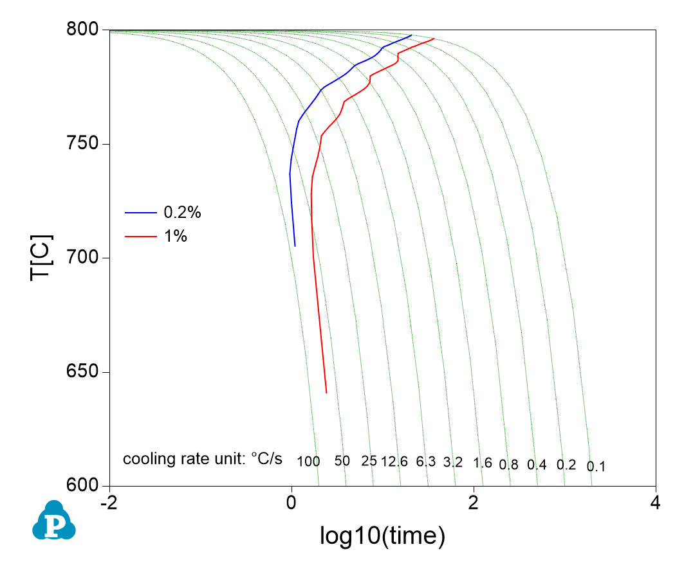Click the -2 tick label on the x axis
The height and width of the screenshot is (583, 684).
(x=109, y=501)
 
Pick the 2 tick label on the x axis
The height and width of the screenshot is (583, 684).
(x=474, y=501)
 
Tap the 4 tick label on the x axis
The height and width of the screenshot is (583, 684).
(x=656, y=501)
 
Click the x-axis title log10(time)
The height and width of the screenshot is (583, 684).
(x=382, y=535)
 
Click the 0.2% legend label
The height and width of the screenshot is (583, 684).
(x=179, y=213)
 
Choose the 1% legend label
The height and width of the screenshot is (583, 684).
(x=176, y=237)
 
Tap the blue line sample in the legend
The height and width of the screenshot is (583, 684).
(x=141, y=212)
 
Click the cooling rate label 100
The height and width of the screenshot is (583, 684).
(x=309, y=462)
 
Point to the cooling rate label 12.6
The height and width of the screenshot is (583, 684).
(x=394, y=462)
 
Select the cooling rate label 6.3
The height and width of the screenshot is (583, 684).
(x=426, y=462)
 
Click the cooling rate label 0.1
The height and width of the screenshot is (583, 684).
(x=596, y=467)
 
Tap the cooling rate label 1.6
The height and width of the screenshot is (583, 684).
(x=483, y=463)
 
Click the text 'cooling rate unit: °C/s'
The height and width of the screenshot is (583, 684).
(x=203, y=460)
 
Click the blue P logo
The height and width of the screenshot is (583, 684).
(x=54, y=521)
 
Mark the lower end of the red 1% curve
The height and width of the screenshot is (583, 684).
(x=326, y=393)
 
